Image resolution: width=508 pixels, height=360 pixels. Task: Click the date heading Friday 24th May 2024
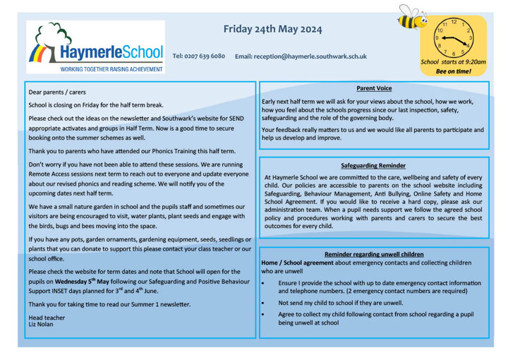pos(272,29)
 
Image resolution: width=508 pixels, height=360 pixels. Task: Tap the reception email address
pos(301,56)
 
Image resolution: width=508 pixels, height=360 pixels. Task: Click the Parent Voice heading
pos(374,88)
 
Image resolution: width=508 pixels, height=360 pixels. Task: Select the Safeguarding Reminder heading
pos(373,164)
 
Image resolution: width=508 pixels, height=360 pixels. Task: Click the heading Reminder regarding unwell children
pos(374,254)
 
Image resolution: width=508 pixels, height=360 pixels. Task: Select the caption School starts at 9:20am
pos(453,62)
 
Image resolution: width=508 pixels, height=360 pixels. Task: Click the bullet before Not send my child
pos(263,302)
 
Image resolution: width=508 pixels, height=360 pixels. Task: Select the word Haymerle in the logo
pos(87,52)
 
